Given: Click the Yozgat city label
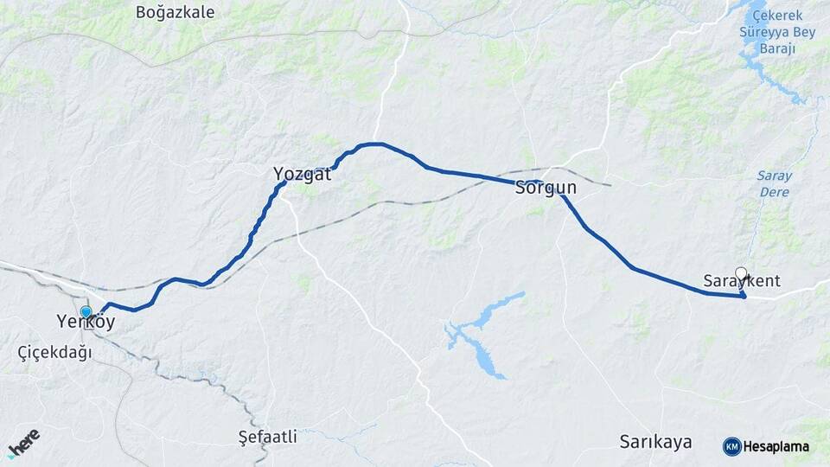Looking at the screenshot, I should [x=302, y=174].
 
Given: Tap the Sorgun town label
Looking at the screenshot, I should [x=546, y=188].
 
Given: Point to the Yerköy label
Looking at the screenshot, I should [x=86, y=322].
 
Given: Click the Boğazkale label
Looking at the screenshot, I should [x=176, y=12].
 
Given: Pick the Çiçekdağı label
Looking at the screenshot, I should [x=54, y=352].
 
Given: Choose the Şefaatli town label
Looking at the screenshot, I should [x=267, y=437].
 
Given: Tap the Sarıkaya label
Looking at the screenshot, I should [x=655, y=442].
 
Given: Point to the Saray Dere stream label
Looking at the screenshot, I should [x=775, y=183].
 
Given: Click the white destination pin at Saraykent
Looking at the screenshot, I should [x=741, y=274].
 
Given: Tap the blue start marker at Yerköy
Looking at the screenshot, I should [x=86, y=312].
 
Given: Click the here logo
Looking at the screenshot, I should [x=23, y=441].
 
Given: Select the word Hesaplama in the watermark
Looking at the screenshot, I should [x=776, y=447].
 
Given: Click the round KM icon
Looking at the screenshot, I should [x=731, y=447].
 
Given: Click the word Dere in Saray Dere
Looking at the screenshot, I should [x=775, y=191].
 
